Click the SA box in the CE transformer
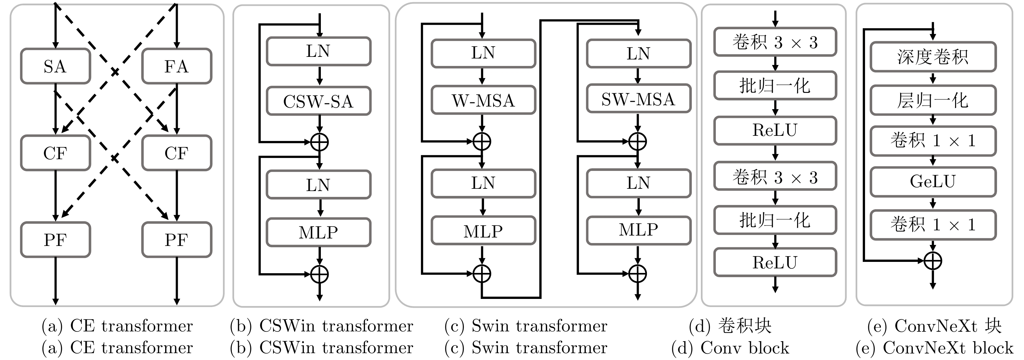click(x=55, y=66)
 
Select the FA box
click(x=177, y=66)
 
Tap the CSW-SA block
click(x=318, y=101)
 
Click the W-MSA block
click(x=483, y=100)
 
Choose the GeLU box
click(x=933, y=182)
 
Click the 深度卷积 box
click(x=933, y=57)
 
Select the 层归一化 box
click(x=933, y=100)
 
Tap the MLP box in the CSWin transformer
click(x=318, y=232)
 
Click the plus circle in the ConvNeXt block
click(x=933, y=261)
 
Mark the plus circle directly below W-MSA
click(x=482, y=141)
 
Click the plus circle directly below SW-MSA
click(x=637, y=141)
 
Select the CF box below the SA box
click(x=55, y=153)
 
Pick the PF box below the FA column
click(x=177, y=239)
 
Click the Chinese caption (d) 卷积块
click(x=730, y=326)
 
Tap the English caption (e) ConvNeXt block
click(x=934, y=348)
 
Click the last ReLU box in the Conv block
click(x=775, y=262)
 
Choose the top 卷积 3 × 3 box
click(x=775, y=42)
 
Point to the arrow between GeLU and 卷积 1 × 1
click(x=933, y=203)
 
